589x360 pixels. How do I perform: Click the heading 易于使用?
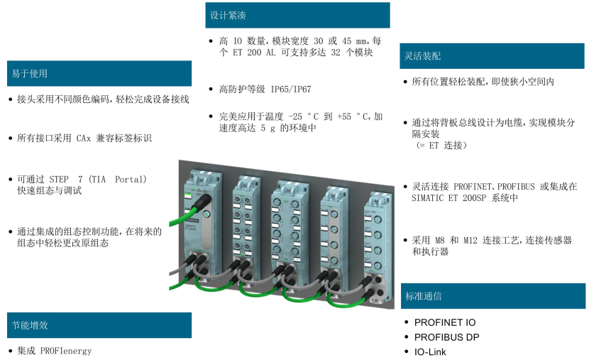pos(29,74)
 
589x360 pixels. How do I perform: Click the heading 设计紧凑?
pos(229,15)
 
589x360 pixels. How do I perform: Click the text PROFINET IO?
pos(445,322)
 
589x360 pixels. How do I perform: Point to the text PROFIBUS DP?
pos(446,337)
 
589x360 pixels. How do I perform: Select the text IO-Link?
pos(430,351)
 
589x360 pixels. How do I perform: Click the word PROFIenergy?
pos(66,351)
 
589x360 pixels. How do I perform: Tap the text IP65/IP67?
pos(290,89)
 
